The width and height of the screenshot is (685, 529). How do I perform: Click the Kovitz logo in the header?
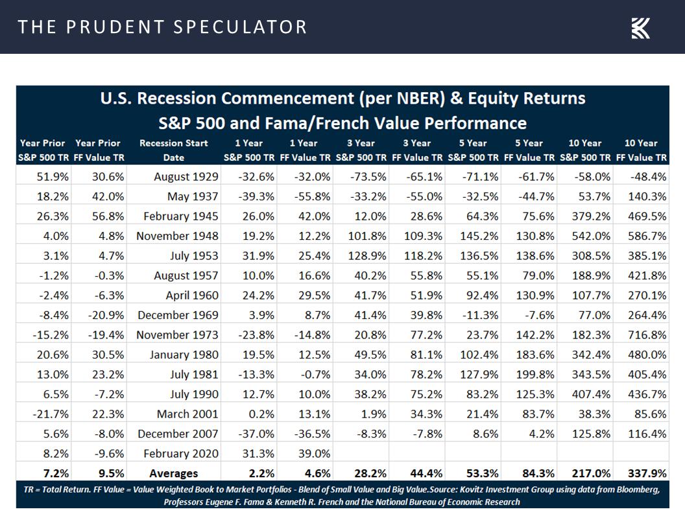pos(640,28)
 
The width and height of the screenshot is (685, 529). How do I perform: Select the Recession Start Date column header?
pos(174,150)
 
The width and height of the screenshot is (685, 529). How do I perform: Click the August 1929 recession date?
pos(186,176)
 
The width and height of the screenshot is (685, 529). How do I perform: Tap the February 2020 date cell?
pos(181,454)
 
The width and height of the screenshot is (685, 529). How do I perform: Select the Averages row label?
pos(174,473)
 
